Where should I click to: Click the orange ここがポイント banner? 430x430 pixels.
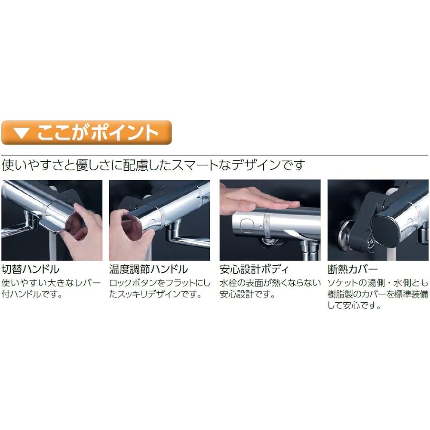click(86, 132)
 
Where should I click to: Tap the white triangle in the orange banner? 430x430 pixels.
click(21, 133)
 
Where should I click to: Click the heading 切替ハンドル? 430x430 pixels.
click(31, 269)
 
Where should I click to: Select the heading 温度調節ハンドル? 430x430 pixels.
click(148, 269)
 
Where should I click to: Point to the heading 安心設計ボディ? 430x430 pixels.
click(254, 269)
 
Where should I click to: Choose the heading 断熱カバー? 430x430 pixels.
click(353, 269)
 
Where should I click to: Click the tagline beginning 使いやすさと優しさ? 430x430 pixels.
click(153, 165)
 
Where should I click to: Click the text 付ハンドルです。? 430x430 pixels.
click(32, 294)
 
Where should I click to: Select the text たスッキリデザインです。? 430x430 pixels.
click(156, 294)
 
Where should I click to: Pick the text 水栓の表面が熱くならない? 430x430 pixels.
click(270, 283)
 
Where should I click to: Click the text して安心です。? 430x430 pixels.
click(354, 305)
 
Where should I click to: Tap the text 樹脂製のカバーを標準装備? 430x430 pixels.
click(378, 294)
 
